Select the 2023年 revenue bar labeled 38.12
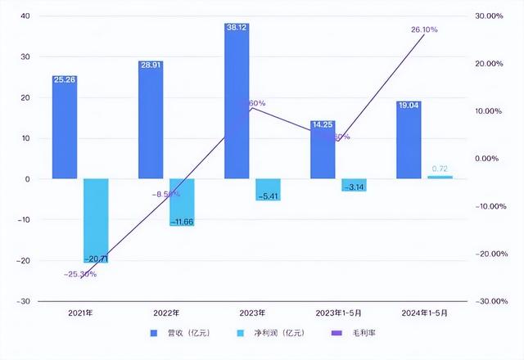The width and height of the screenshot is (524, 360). click(x=237, y=102)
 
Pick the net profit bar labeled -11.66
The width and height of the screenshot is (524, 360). click(x=182, y=201)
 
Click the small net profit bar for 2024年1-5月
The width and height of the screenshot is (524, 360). click(x=440, y=177)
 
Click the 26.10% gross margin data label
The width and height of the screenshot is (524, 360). click(x=424, y=29)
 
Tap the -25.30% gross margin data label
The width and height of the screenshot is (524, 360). click(x=80, y=274)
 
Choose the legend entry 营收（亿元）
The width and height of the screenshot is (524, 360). click(x=175, y=334)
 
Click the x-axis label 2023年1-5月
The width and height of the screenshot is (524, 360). click(x=338, y=313)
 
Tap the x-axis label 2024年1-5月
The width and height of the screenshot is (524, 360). click(x=424, y=313)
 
